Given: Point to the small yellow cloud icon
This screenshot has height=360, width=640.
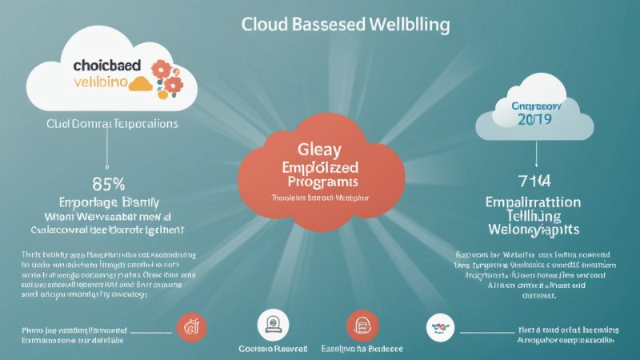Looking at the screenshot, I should click(141, 82).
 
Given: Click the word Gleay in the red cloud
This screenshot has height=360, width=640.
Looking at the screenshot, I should click(318, 150).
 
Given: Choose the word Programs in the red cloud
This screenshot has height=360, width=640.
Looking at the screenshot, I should click(318, 182).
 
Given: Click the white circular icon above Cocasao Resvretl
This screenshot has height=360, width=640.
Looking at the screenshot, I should click(270, 326).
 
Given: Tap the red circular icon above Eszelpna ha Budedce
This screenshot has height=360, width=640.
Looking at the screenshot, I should click(358, 326).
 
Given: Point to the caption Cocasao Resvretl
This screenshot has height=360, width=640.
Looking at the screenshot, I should click(270, 349).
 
